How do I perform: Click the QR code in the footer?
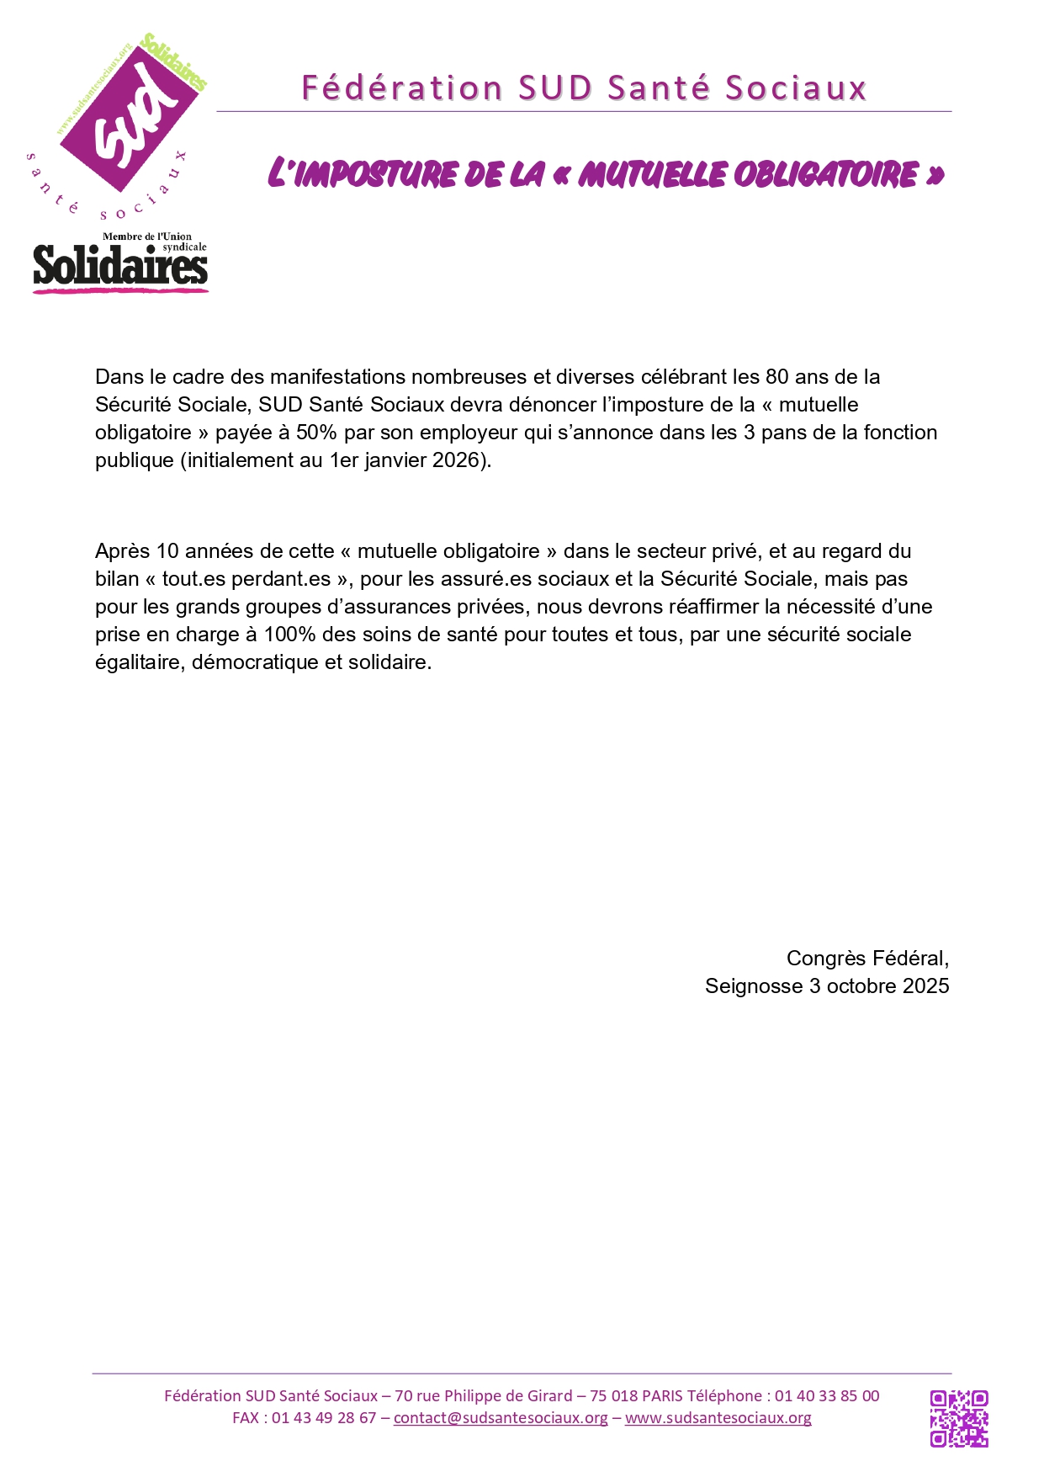pos(958,1419)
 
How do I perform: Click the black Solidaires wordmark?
pos(120,267)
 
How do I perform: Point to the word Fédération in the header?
pos(402,88)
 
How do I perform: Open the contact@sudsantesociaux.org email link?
pos(501,1418)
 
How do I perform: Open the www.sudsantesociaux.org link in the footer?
pos(718,1418)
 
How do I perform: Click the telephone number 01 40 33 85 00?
pos(827,1396)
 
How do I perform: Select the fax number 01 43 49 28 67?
pos(324,1418)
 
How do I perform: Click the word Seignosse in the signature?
pos(754,986)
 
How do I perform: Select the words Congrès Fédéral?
pos(867,959)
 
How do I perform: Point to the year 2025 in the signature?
pos(926,986)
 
